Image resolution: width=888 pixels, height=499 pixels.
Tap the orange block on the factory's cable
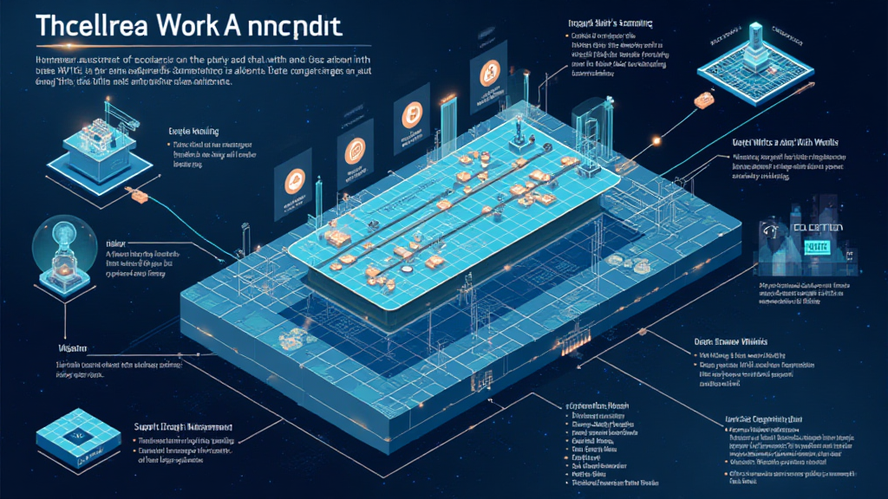tap(137, 198)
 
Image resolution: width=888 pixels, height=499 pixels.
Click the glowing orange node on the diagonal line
tap(656, 140)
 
